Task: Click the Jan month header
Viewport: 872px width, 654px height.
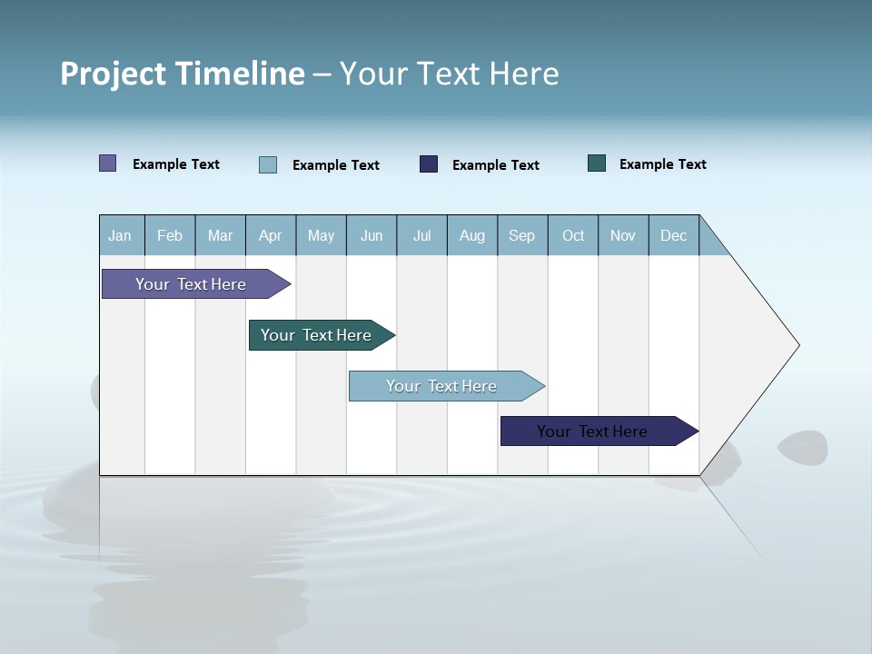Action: [120, 236]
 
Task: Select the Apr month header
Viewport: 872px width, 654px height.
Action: [270, 236]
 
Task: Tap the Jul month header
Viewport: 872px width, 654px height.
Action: [421, 236]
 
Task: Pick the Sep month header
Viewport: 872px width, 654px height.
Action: [521, 236]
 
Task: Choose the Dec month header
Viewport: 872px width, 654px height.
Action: [673, 236]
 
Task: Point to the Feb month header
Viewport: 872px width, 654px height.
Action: [170, 236]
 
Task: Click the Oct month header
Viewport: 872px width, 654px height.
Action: [573, 236]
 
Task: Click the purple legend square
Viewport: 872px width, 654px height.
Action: [108, 163]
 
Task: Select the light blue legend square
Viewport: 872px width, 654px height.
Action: [268, 164]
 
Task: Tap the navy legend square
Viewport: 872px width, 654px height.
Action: [429, 163]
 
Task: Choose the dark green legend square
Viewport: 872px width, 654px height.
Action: [597, 163]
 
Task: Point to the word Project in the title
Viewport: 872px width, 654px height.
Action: [114, 74]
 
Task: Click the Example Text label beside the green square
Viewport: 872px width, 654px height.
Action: [662, 164]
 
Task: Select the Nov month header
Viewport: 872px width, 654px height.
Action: [623, 236]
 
